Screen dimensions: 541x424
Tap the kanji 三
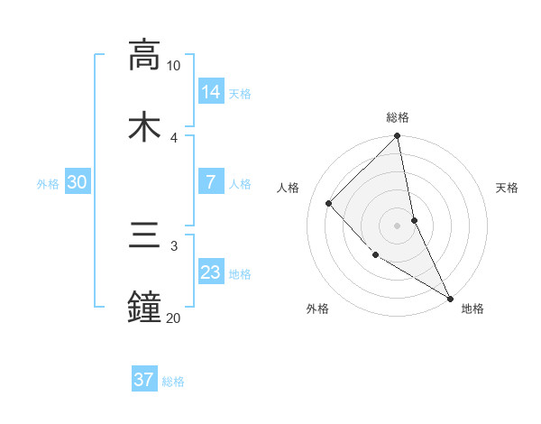pos(143,239)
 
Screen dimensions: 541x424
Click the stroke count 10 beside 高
pos(173,66)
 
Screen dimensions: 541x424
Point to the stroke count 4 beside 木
pos(173,137)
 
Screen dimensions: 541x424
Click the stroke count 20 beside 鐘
pos(173,318)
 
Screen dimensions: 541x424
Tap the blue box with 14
pos(211,92)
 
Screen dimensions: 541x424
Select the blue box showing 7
pos(211,182)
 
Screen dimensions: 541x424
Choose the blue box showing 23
pos(211,272)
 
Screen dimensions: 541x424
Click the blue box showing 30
pos(78,182)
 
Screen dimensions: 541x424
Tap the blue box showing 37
pos(143,380)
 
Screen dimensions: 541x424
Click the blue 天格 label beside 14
pos(240,94)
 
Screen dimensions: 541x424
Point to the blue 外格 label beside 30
pos(48,184)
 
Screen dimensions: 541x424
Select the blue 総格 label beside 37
pos(173,382)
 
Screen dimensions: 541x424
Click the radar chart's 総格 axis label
pos(398,117)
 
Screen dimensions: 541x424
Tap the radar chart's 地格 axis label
pos(472,309)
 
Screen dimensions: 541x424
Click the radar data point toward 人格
pos(329,203)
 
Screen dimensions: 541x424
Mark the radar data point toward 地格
pos(449,297)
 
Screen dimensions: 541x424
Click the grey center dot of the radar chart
pos(398,226)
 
